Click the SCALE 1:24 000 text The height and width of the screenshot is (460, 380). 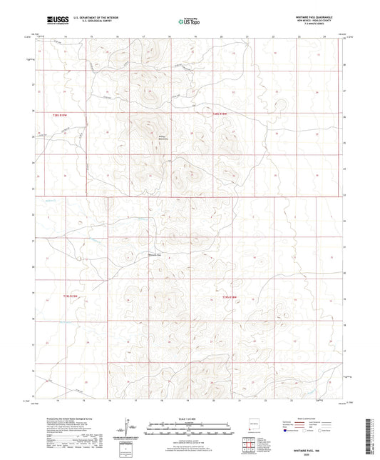click(x=189, y=418)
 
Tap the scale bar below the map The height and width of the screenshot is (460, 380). click(x=189, y=427)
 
